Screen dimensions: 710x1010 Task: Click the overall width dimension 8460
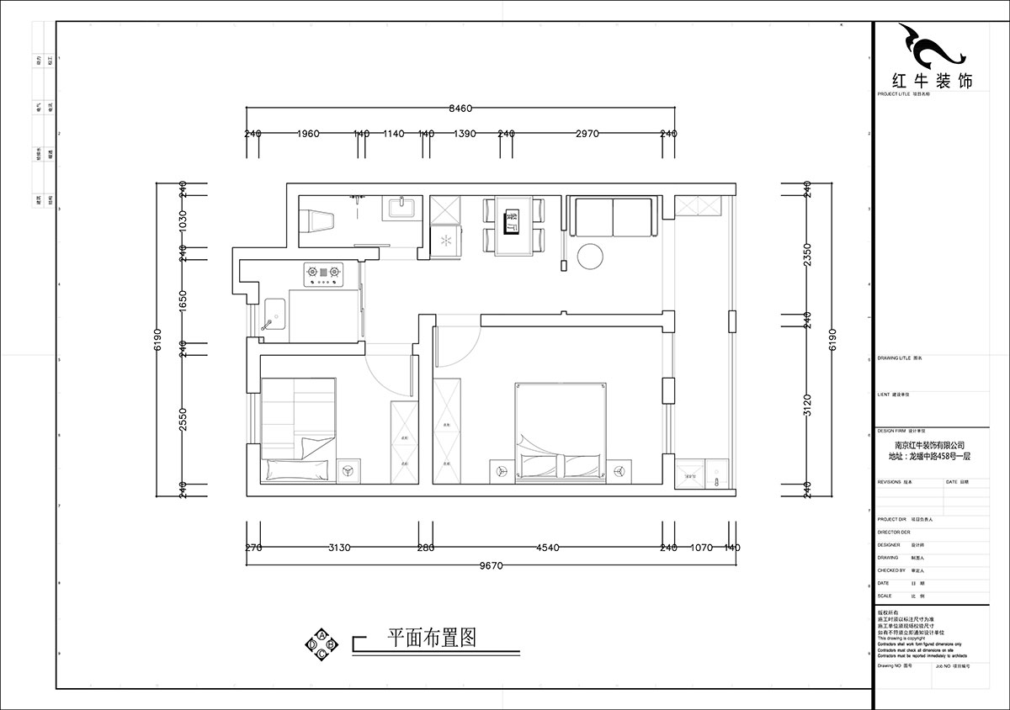(x=460, y=108)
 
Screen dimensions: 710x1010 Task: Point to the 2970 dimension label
(x=587, y=134)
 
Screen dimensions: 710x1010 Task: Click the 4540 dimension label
(x=547, y=548)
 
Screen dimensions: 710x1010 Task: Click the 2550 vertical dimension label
(x=183, y=416)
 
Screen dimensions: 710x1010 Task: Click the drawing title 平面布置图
(x=431, y=638)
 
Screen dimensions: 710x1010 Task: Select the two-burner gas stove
(x=325, y=273)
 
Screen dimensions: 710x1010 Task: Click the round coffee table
(x=589, y=257)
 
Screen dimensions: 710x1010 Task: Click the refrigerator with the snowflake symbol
(x=446, y=241)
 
